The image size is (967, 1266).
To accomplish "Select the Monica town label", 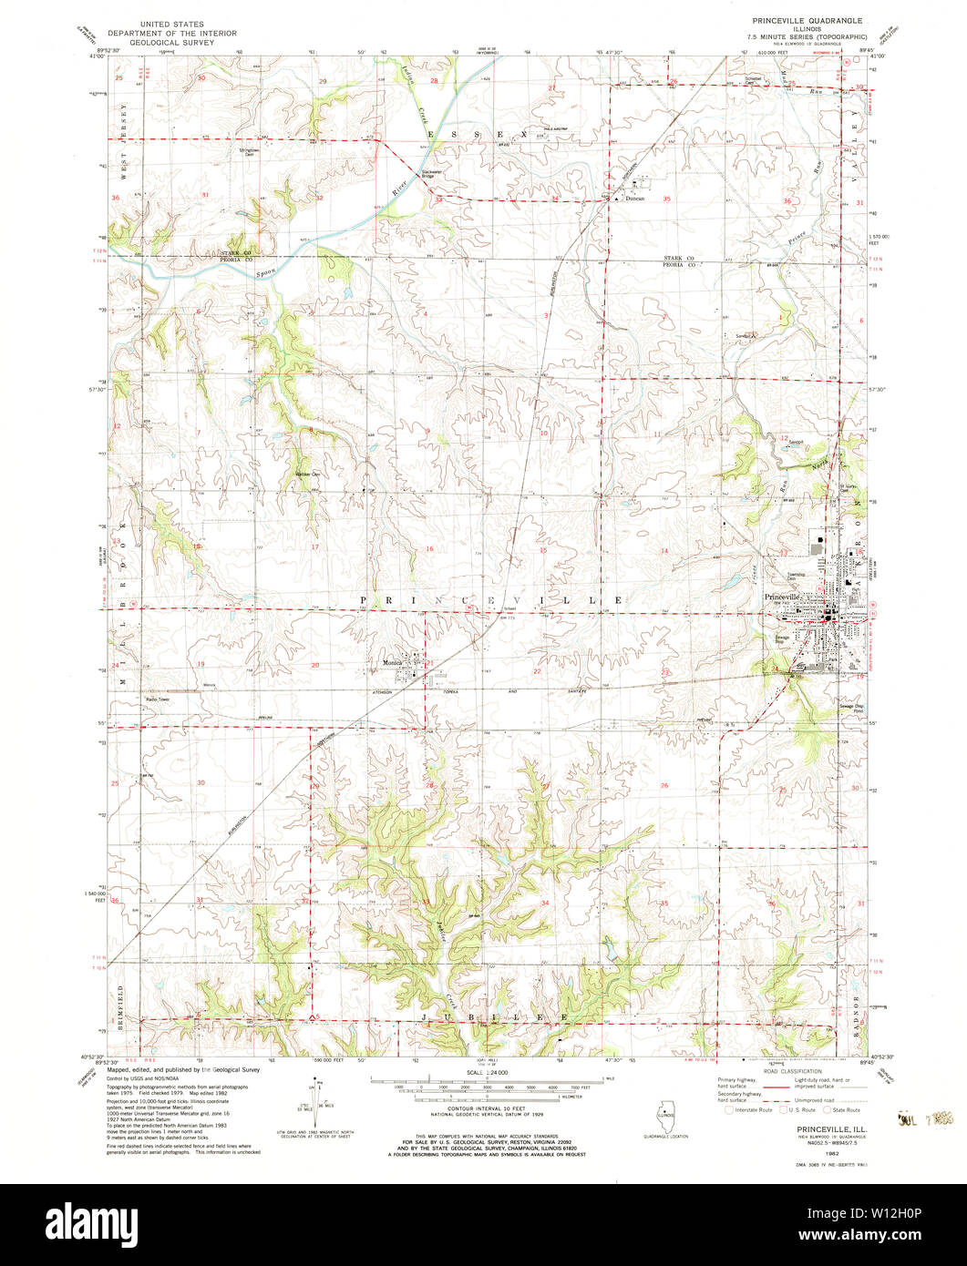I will tap(393, 662).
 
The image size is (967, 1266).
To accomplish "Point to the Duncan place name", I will tap(634, 198).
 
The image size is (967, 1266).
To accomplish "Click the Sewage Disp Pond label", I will tap(851, 708).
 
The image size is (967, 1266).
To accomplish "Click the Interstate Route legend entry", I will tap(752, 1110).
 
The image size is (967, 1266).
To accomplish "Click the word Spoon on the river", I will tap(265, 271).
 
